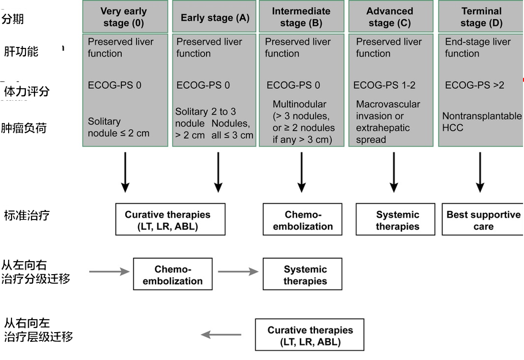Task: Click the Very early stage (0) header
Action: (x=124, y=17)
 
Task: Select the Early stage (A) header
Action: (x=215, y=18)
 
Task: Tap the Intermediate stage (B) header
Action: (x=301, y=17)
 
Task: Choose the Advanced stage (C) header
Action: (x=390, y=17)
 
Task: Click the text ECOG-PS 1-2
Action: (x=384, y=85)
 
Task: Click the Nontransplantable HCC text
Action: (x=481, y=122)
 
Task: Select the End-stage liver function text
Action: (x=477, y=47)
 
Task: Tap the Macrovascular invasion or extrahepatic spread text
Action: (x=388, y=122)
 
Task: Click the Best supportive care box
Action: (x=483, y=221)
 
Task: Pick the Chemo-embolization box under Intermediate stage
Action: (x=303, y=221)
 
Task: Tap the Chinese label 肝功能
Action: (x=21, y=51)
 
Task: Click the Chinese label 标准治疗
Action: (x=27, y=215)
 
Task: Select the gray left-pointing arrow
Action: (x=221, y=334)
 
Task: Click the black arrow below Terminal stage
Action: (x=480, y=172)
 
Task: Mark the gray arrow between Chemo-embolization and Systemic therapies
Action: (x=238, y=272)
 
